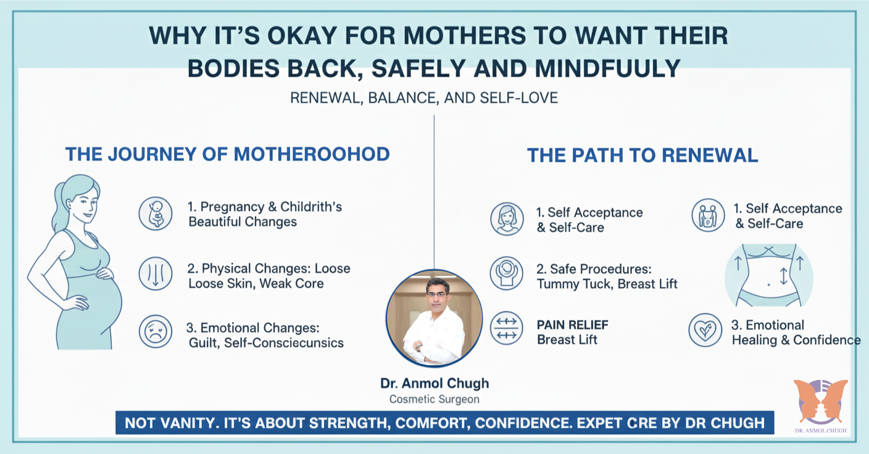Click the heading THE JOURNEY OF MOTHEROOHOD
click(227, 154)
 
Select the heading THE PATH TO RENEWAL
click(642, 155)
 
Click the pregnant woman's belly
click(102, 302)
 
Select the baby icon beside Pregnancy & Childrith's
click(156, 214)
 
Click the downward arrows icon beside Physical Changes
click(156, 274)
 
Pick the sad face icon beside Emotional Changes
click(156, 331)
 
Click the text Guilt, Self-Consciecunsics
click(266, 343)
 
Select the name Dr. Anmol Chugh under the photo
click(434, 383)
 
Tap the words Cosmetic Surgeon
click(434, 400)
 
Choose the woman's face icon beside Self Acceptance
click(507, 219)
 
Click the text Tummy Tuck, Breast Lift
click(607, 284)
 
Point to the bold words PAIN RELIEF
click(572, 325)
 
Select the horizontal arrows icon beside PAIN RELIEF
click(507, 328)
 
